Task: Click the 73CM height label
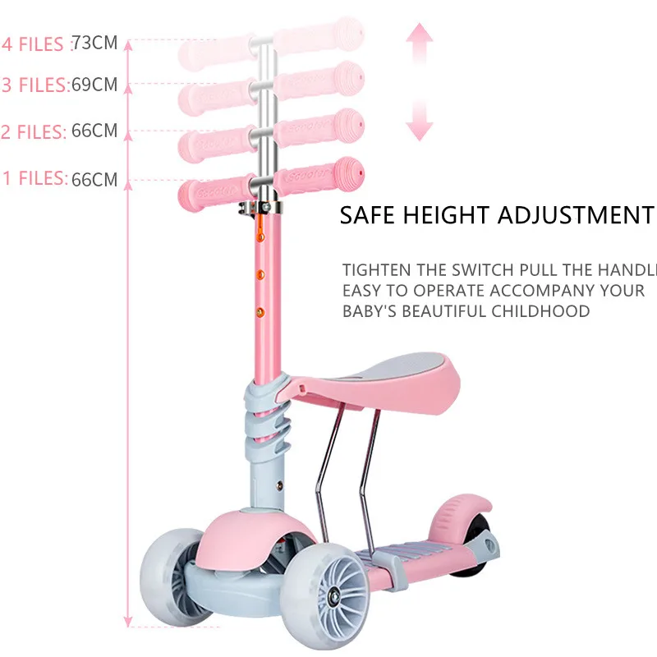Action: [94, 43]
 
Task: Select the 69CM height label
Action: [94, 85]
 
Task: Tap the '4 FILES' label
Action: [33, 44]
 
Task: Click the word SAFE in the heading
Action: [367, 216]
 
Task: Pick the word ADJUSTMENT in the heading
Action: [576, 216]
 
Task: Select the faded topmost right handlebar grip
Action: [319, 36]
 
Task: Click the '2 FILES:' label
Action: [33, 131]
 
